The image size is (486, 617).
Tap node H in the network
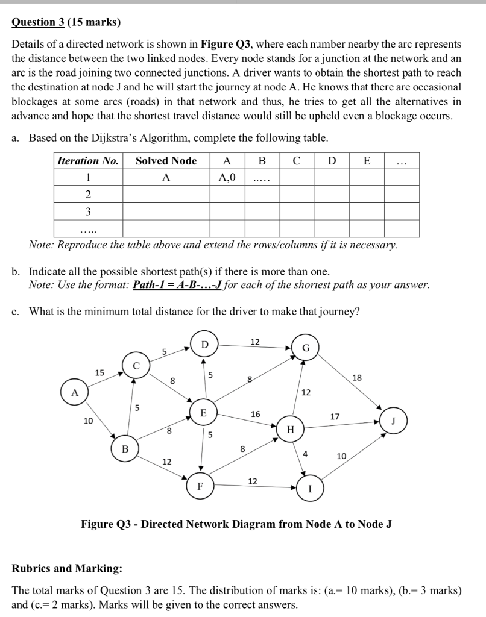(x=291, y=430)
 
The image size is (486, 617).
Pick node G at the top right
(x=306, y=348)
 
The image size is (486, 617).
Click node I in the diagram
(x=310, y=489)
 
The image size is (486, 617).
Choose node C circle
(x=136, y=366)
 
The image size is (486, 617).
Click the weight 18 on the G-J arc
(x=357, y=377)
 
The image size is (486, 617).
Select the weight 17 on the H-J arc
(x=335, y=416)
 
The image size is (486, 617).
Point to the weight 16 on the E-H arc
(x=255, y=414)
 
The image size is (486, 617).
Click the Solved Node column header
(x=166, y=161)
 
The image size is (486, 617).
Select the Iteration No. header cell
(x=88, y=161)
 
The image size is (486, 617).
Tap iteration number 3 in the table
(x=88, y=211)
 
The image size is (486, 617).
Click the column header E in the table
(x=367, y=161)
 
